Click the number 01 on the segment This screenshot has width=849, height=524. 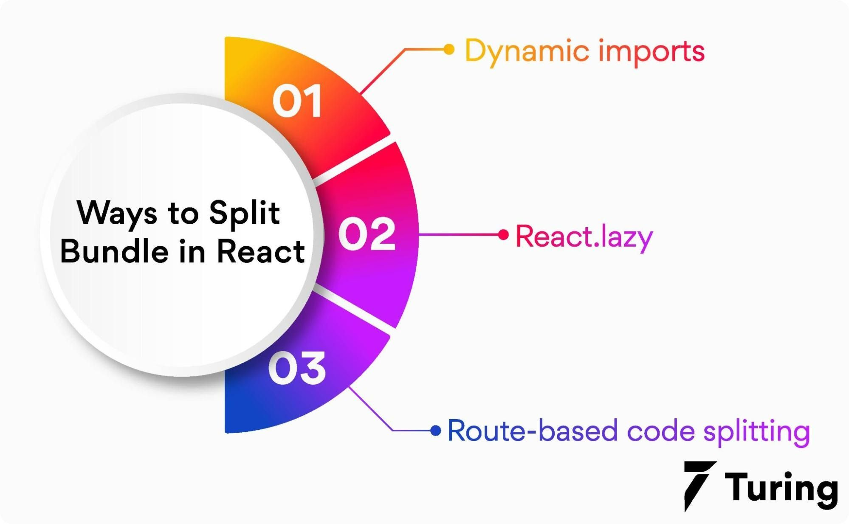click(x=297, y=101)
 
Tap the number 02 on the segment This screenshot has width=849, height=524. click(x=367, y=234)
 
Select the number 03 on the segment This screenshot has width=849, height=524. click(x=297, y=368)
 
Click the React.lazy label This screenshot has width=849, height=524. click(x=584, y=237)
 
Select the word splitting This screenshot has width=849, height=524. click(x=756, y=431)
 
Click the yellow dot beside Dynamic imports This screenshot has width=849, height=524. click(x=448, y=49)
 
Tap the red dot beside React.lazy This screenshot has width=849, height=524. click(x=503, y=234)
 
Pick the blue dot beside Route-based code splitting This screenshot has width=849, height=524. click(x=435, y=431)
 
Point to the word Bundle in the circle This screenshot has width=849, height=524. click(x=114, y=251)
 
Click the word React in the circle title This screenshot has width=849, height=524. click(x=261, y=251)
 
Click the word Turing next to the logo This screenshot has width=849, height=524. click(x=781, y=488)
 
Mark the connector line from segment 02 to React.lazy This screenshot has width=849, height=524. click(x=459, y=234)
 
